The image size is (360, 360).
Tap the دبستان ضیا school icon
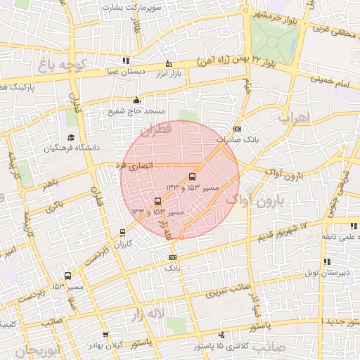(126, 60)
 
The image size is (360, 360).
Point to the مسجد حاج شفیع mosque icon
(136, 101)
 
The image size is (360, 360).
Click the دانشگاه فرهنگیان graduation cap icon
(70, 138)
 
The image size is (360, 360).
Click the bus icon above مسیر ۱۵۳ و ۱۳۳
(156, 201)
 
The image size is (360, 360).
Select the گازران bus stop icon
(123, 232)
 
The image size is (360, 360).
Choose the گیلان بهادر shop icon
(105, 335)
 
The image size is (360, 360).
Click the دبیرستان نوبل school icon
(326, 262)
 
